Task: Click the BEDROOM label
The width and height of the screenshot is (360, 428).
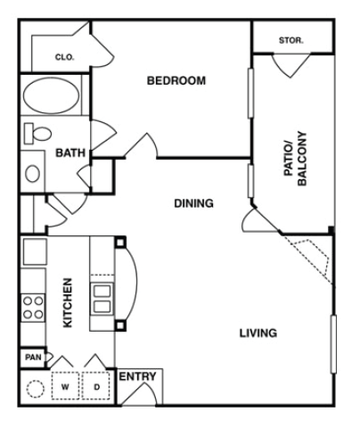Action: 176,81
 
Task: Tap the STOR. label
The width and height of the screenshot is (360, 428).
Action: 291,41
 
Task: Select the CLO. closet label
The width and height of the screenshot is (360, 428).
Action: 64,57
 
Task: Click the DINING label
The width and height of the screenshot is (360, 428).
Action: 193,203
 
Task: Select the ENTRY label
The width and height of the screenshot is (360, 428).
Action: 137,377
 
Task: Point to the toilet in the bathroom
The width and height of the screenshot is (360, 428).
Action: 38,135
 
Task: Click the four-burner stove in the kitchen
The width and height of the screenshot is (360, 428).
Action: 33,307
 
